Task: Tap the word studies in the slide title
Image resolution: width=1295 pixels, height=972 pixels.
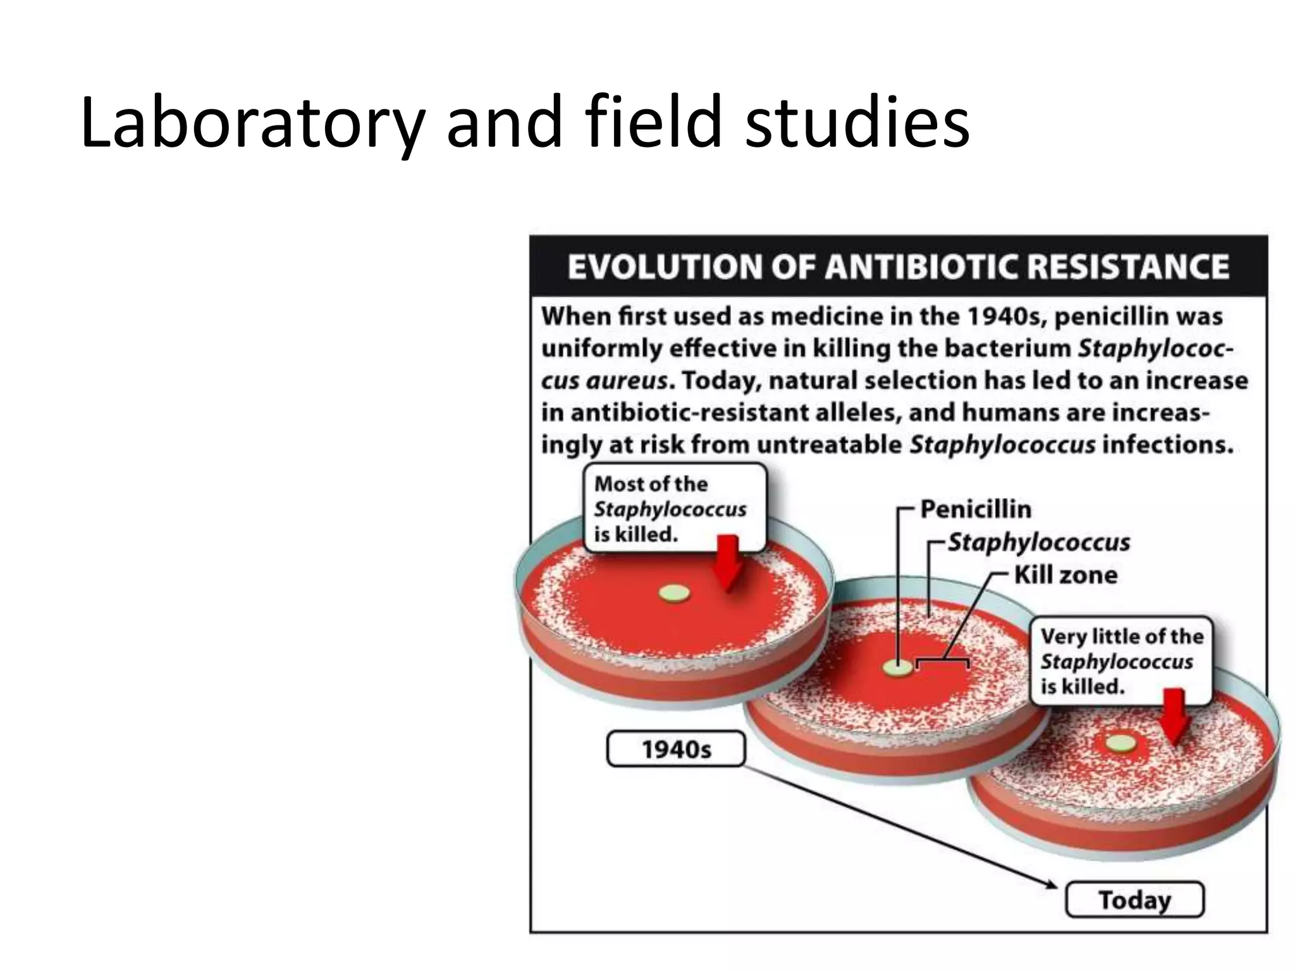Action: (857, 121)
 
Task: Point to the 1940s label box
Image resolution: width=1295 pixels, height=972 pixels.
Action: (676, 749)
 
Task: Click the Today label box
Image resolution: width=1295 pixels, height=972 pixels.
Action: (1134, 899)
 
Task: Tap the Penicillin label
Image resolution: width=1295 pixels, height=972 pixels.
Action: (975, 509)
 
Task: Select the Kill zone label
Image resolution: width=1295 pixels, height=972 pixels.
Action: (1065, 575)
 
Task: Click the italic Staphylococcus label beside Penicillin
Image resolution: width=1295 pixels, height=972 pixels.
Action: (1038, 542)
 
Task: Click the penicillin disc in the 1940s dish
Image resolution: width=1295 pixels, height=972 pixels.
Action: (674, 594)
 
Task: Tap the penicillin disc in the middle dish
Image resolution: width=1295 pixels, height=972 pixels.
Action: (898, 668)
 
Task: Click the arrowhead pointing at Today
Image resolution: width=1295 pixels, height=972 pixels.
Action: (1049, 883)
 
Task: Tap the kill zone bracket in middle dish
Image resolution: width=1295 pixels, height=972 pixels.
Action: (942, 661)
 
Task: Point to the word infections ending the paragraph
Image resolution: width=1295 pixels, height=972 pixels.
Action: (1167, 445)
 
